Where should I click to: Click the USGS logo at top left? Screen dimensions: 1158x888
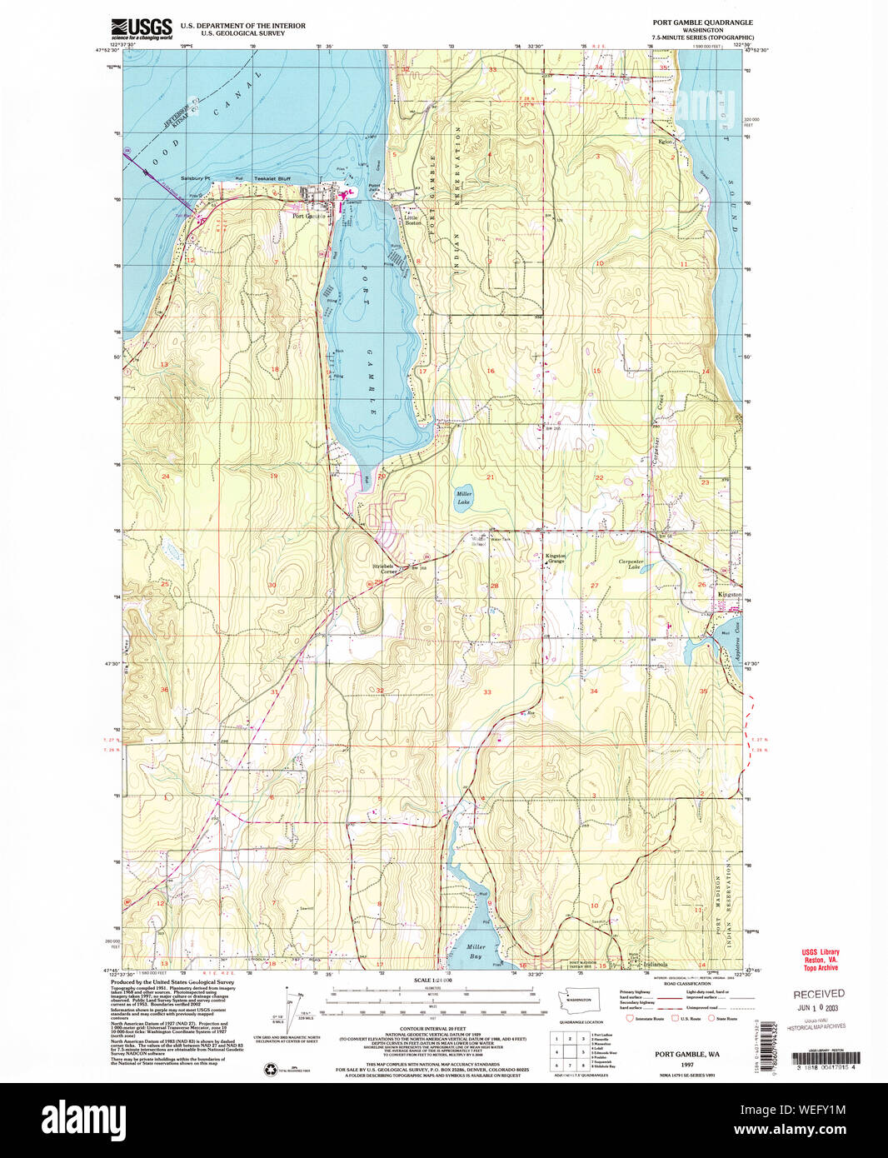[142, 29]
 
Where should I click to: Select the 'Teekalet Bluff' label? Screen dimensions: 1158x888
[249, 178]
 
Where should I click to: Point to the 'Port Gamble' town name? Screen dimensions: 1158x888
[308, 217]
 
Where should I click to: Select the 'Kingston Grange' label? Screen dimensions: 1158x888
[555, 558]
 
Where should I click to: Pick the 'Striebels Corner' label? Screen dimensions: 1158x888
[384, 570]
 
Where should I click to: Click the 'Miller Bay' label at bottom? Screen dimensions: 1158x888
[476, 951]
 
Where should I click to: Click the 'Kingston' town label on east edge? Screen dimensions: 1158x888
[730, 594]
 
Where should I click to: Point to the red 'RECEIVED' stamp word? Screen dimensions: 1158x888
[818, 994]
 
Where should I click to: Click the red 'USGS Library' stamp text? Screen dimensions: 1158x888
[821, 952]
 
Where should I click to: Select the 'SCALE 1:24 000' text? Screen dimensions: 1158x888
[432, 981]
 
